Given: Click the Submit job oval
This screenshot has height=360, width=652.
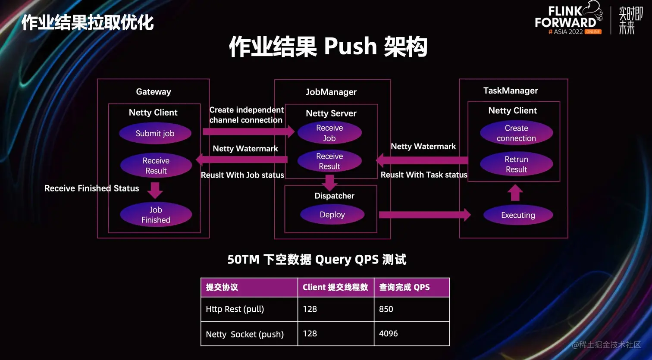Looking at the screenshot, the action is coord(155,133).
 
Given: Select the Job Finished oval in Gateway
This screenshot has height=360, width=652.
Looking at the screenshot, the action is coord(156,214).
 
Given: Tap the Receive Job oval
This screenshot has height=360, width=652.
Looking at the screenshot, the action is coord(329,133).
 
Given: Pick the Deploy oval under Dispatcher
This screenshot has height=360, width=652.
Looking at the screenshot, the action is coord(332,214).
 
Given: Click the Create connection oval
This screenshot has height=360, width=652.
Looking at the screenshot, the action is coord(516,133).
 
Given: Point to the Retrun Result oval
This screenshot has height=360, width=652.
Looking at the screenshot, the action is coord(516,164).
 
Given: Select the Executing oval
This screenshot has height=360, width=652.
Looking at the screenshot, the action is coord(518,215).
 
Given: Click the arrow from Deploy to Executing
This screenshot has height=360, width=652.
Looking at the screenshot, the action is coord(425,215).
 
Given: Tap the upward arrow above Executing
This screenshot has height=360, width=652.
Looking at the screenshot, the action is coord(515,193).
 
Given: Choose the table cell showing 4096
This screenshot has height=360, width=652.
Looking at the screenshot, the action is coord(412,334).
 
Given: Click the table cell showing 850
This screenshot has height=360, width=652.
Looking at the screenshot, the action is coord(412,309).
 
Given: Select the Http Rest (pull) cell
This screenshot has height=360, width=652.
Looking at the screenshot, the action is coord(249,309).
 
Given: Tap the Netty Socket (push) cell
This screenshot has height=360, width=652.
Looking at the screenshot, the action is coord(249,334).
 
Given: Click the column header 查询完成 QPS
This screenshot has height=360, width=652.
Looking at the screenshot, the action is coord(412,287).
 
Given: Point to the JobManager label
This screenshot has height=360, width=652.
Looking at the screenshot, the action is coord(331,92).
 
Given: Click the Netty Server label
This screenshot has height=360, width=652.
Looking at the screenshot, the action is coord(331,113).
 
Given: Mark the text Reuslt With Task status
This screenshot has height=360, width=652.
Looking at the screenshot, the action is coord(424,175).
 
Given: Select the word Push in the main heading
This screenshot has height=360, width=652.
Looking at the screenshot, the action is coord(351,47).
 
